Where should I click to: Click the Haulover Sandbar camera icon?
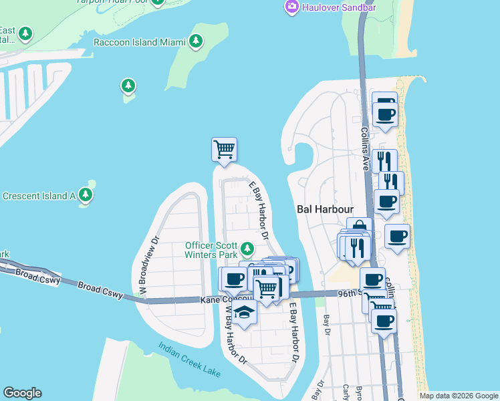point(291,7)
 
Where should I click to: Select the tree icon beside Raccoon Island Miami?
point(196,41)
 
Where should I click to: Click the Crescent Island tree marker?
point(85,195)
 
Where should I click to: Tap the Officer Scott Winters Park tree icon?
point(248,249)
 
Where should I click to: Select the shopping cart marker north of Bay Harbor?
point(224,149)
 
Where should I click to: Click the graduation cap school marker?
point(244,313)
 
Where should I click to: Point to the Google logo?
point(22,393)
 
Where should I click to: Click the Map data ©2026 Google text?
point(458,396)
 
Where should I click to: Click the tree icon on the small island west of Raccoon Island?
point(128,86)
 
